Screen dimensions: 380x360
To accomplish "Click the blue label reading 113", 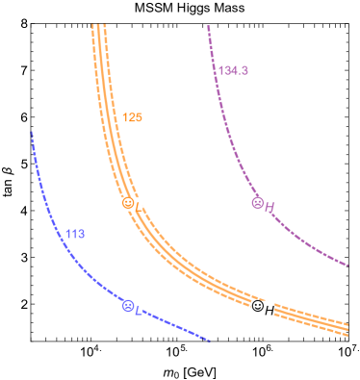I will [75, 234].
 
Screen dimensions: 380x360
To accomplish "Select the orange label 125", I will [132, 117].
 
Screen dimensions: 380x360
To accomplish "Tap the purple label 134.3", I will [233, 70].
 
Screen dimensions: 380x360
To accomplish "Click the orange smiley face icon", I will [127, 203].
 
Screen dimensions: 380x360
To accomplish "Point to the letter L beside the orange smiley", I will [138, 205].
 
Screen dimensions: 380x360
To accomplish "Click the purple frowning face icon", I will [257, 203].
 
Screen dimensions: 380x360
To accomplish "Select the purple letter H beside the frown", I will [270, 206].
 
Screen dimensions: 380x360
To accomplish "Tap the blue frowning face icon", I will [127, 306].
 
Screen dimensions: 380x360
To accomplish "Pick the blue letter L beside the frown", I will [139, 309].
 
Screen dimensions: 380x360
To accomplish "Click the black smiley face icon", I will [257, 306].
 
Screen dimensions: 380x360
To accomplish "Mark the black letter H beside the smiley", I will [270, 309].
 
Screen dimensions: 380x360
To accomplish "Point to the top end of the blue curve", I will [32, 133].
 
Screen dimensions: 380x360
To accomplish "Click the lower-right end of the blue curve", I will [209, 340].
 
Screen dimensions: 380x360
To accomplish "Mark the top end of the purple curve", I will [208, 27].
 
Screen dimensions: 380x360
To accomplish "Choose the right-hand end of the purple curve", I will [347, 265].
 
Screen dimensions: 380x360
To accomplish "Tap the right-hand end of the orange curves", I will [347, 327].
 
